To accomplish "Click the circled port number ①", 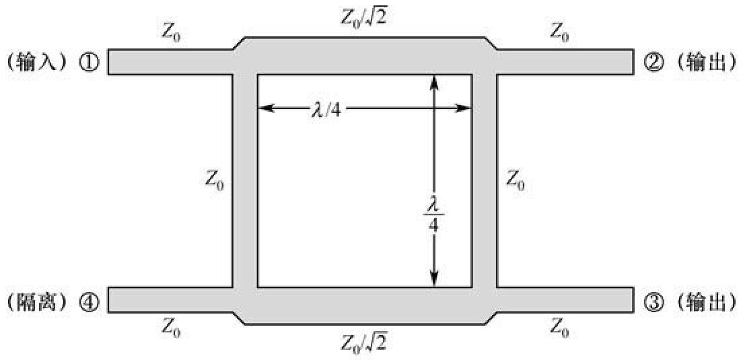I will (x=92, y=63).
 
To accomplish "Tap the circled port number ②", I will (x=651, y=63).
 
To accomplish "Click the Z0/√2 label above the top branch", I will (x=363, y=19).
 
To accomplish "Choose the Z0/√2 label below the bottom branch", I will (x=363, y=343).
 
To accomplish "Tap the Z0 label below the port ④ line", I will (x=172, y=328).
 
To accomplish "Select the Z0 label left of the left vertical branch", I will (x=214, y=180).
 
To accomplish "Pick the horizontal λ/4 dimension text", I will (x=327, y=109).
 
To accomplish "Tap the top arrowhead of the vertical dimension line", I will (x=434, y=79).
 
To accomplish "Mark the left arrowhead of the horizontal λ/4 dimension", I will (x=264, y=108).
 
